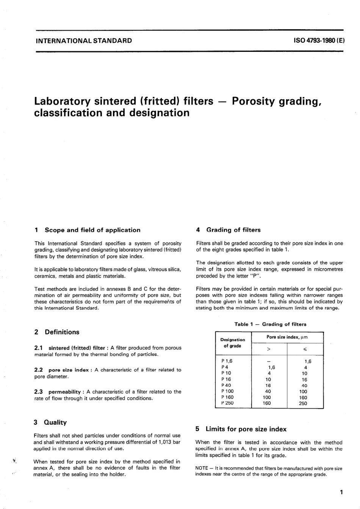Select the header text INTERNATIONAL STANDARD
(x=83, y=41)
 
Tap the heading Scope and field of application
(x=92, y=230)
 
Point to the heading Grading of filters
(x=233, y=230)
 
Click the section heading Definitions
(x=62, y=332)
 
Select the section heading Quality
(x=55, y=422)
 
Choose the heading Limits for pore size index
(x=246, y=429)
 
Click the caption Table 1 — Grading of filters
(x=270, y=324)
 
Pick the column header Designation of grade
(x=233, y=343)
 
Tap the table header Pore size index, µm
(x=287, y=337)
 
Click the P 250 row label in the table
(x=227, y=403)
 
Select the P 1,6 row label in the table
(x=227, y=361)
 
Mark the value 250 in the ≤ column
(x=303, y=403)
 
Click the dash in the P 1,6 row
(x=268, y=361)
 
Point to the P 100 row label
(x=227, y=391)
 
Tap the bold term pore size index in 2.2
(x=69, y=370)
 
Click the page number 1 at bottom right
(x=341, y=492)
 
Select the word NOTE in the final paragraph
(x=202, y=468)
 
